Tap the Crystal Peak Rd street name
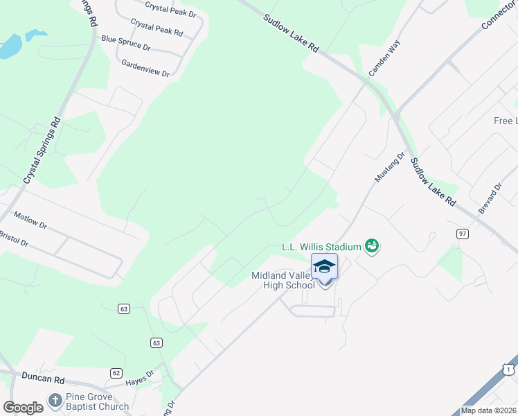coord(157,28)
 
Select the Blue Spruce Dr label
coord(125,43)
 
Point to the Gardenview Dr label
coord(145,67)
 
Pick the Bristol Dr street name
coord(13,239)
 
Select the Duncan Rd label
coord(42,380)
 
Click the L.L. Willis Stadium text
coord(322,246)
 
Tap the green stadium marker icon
coord(373,245)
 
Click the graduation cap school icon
coord(324,266)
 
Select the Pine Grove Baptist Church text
coord(97,401)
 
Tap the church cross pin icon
coord(55,401)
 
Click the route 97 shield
coord(462,234)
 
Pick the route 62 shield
coord(116,373)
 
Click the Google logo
coord(22,408)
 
